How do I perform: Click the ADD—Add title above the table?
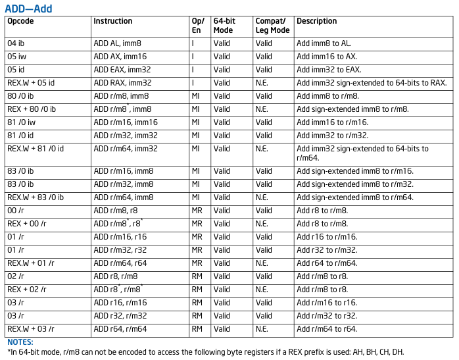pyautogui.click(x=28, y=9)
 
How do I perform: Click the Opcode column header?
pyautogui.click(x=20, y=21)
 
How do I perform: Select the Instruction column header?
pyautogui.click(x=113, y=21)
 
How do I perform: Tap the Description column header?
pyautogui.click(x=317, y=21)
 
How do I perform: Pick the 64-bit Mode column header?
pyautogui.click(x=224, y=26)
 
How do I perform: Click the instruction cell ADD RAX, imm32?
pyautogui.click(x=123, y=83)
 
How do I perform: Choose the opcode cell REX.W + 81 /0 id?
pyautogui.click(x=36, y=149)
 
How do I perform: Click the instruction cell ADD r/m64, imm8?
pyautogui.click(x=124, y=197)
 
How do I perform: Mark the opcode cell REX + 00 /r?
pyautogui.click(x=27, y=224)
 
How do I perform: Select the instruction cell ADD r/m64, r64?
pyautogui.click(x=120, y=263)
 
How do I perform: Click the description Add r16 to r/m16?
pyautogui.click(x=327, y=237)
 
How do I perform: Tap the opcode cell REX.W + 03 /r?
pyautogui.click(x=31, y=329)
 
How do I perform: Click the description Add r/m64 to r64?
pyautogui.click(x=327, y=329)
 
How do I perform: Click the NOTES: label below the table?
pyautogui.click(x=20, y=342)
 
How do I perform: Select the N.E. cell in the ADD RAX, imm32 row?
pyautogui.click(x=262, y=83)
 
